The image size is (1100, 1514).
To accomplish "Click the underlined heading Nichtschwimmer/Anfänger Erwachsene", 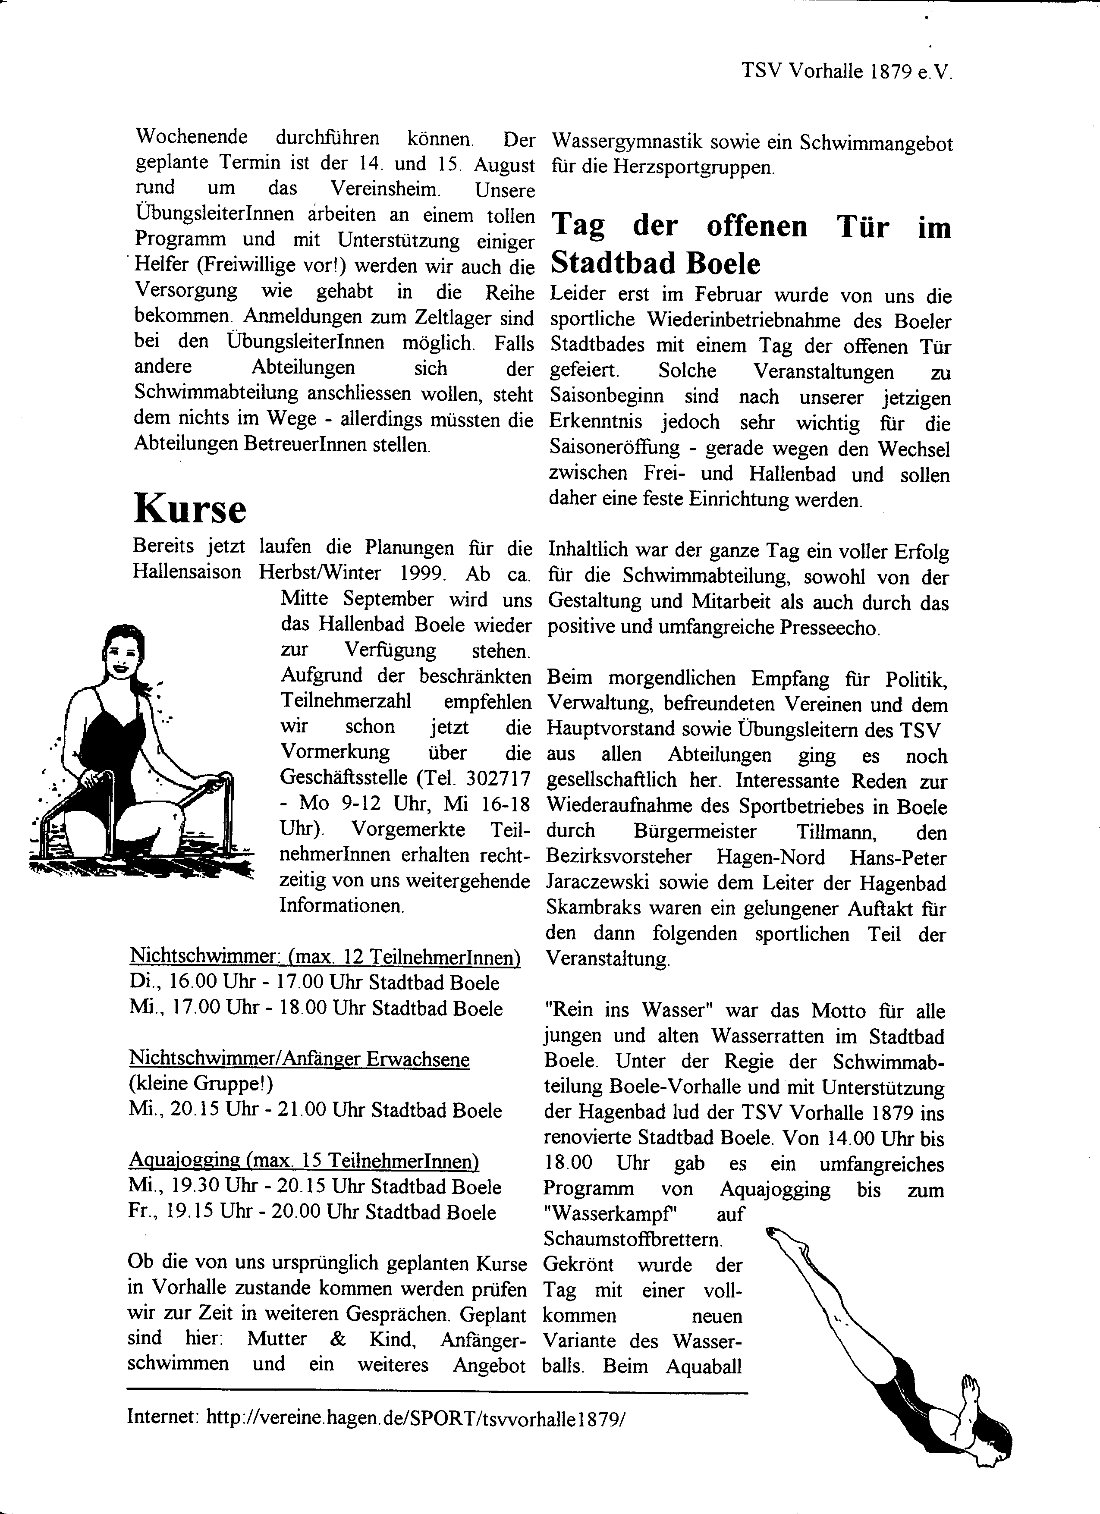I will [x=299, y=1059].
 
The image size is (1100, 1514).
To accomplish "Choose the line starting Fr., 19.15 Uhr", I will [x=312, y=1212].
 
